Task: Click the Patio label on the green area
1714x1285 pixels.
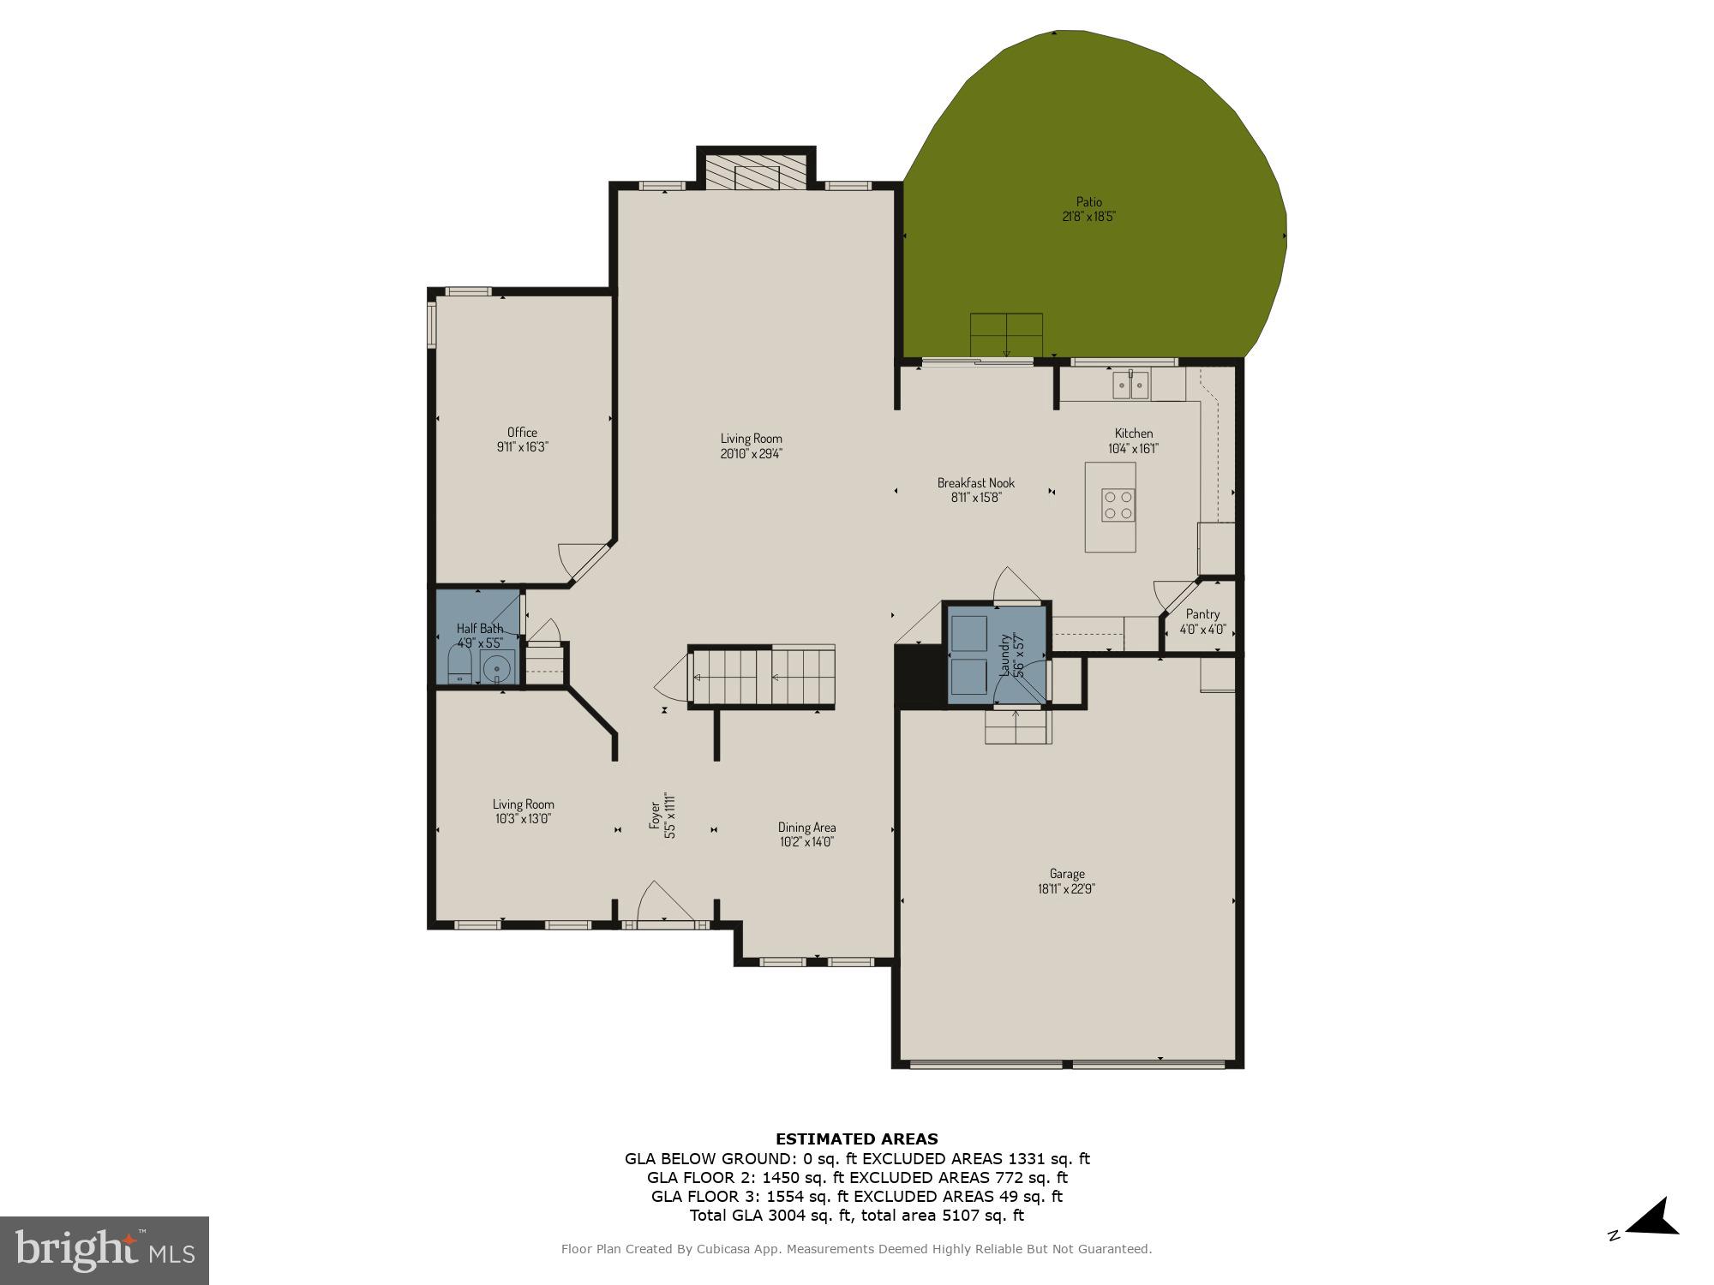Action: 1088,203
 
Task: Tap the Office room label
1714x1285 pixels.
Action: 522,433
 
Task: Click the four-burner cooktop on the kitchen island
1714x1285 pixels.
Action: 1119,505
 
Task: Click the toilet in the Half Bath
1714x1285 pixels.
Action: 460,664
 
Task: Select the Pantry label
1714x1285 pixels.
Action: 1202,614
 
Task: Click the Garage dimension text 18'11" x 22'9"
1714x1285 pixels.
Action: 1066,889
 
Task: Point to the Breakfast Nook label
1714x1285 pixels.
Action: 975,483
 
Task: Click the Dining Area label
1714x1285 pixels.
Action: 806,828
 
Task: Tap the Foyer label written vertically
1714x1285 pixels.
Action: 656,815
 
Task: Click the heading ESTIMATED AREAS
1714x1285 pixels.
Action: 856,1139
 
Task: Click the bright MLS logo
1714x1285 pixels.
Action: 104,1251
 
